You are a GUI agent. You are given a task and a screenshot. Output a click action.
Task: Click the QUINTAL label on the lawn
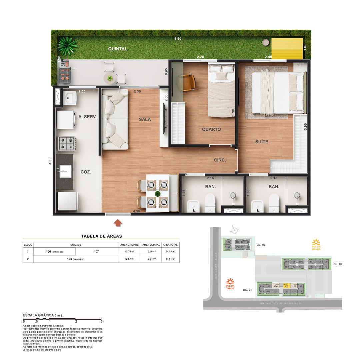(x=118, y=49)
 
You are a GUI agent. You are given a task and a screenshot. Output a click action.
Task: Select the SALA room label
(x=145, y=119)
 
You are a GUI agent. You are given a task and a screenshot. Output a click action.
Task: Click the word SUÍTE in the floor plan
(x=261, y=142)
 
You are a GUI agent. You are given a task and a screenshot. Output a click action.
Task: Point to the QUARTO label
(x=211, y=129)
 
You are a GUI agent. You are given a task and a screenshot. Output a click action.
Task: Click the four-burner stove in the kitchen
(x=66, y=143)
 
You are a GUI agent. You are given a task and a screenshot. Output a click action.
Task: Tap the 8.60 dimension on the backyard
(x=178, y=39)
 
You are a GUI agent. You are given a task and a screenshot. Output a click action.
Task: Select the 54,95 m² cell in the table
(x=170, y=252)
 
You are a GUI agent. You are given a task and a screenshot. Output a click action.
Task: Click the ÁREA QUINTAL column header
(x=151, y=245)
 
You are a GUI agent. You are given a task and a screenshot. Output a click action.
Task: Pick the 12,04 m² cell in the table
(x=151, y=259)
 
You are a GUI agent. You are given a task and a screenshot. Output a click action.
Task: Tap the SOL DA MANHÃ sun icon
(x=316, y=242)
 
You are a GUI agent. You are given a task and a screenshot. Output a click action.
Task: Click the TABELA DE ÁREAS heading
(x=101, y=236)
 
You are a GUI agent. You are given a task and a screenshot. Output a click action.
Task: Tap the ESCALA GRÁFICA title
(x=42, y=315)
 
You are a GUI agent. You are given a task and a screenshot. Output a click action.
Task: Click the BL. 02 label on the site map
(x=339, y=264)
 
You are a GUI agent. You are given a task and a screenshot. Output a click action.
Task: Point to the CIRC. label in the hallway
(x=220, y=160)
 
